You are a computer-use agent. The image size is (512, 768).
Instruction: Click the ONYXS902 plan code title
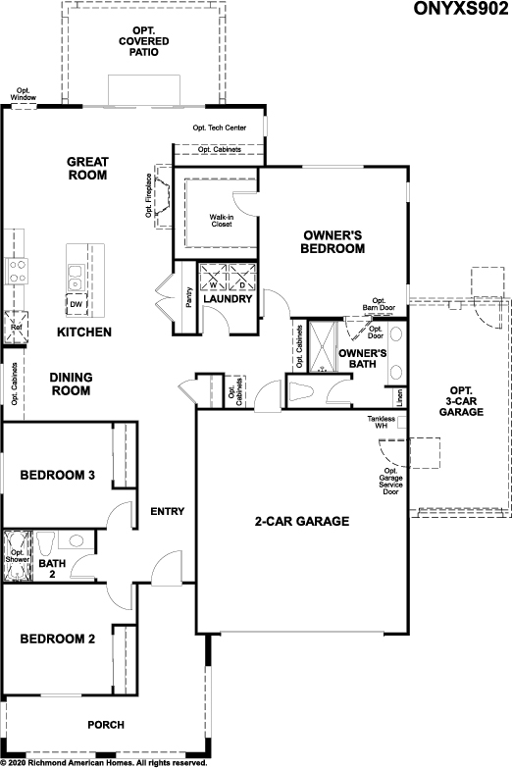tap(461, 8)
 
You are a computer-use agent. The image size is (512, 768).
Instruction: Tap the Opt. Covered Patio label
tap(144, 41)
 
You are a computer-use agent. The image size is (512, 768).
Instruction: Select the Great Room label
tap(87, 168)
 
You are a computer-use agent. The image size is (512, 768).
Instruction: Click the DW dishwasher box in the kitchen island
tap(77, 304)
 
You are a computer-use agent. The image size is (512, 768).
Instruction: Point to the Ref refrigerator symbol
tap(16, 328)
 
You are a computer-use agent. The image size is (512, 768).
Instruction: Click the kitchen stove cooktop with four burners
tap(16, 271)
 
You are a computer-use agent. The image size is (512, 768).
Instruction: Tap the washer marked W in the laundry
tap(213, 278)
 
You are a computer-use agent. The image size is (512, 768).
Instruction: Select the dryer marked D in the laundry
tap(242, 278)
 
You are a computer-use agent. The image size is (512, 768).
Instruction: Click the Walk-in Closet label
tap(222, 221)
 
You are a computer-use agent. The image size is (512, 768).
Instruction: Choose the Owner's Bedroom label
tap(333, 242)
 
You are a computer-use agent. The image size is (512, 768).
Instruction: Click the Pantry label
tap(189, 297)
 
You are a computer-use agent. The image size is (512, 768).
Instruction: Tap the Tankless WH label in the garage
tap(382, 422)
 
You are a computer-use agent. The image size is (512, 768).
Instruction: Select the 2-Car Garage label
tap(302, 521)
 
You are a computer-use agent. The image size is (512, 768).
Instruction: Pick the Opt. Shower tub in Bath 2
tap(18, 556)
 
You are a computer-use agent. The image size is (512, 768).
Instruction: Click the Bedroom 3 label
tap(57, 475)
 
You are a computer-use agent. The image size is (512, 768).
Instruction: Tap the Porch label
tap(106, 725)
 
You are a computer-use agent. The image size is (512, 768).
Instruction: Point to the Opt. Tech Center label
tap(220, 128)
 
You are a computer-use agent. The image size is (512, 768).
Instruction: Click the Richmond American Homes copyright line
tap(104, 763)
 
